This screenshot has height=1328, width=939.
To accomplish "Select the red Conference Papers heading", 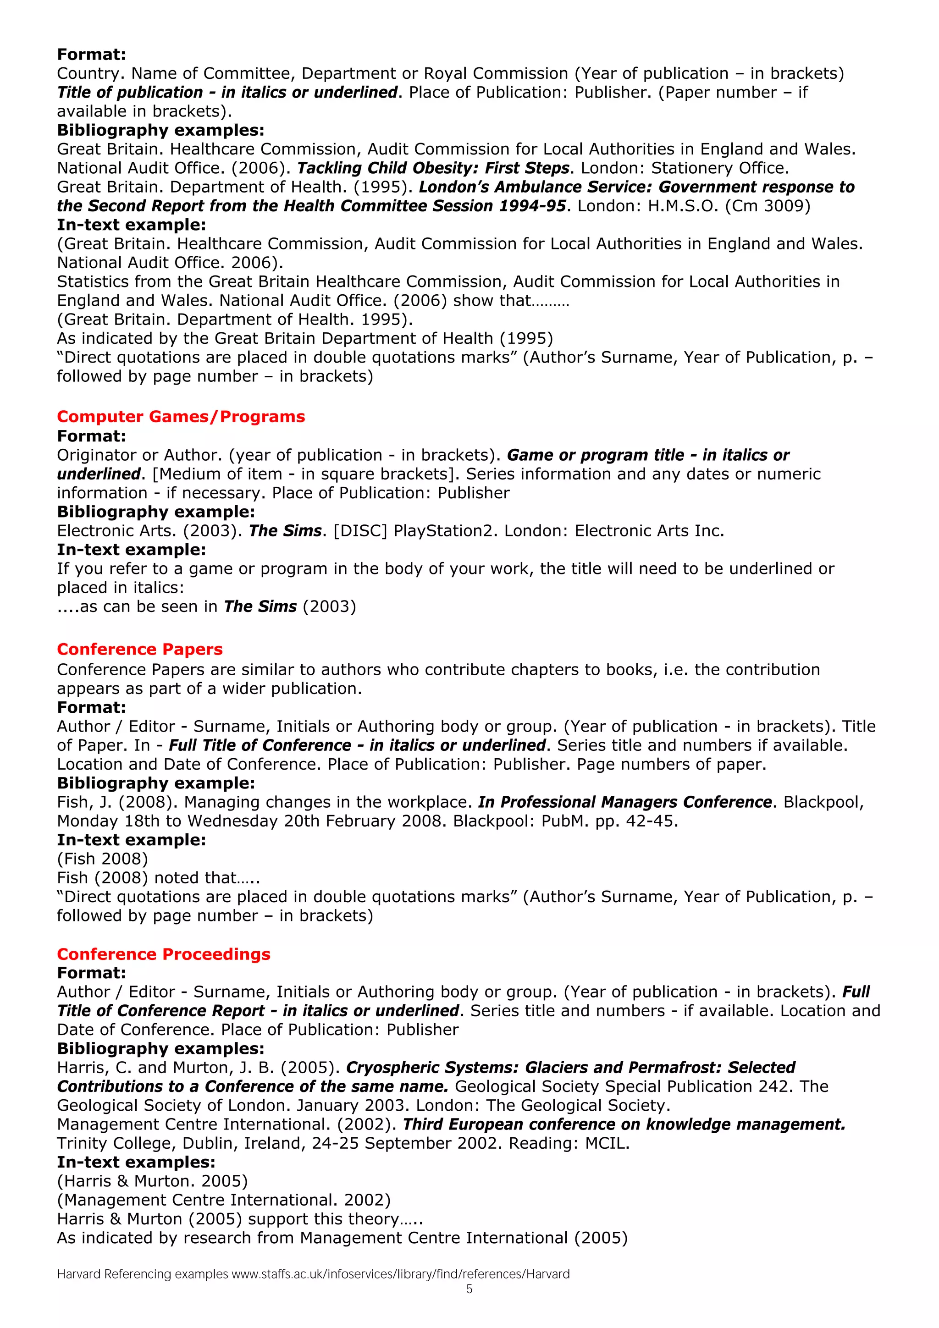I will (139, 649).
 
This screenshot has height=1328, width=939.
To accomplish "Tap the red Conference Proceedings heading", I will (163, 954).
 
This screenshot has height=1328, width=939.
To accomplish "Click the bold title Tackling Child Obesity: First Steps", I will (433, 168).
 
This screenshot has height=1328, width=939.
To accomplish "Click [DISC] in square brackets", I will (360, 531).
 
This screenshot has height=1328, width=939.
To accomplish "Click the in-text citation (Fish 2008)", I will (102, 859).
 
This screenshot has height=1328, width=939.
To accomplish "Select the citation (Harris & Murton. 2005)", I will (152, 1181).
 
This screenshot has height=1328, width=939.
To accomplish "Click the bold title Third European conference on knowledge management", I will (624, 1124).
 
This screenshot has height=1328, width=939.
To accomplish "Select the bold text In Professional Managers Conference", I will (625, 802).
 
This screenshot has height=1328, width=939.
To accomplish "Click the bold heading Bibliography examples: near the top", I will (160, 130).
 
